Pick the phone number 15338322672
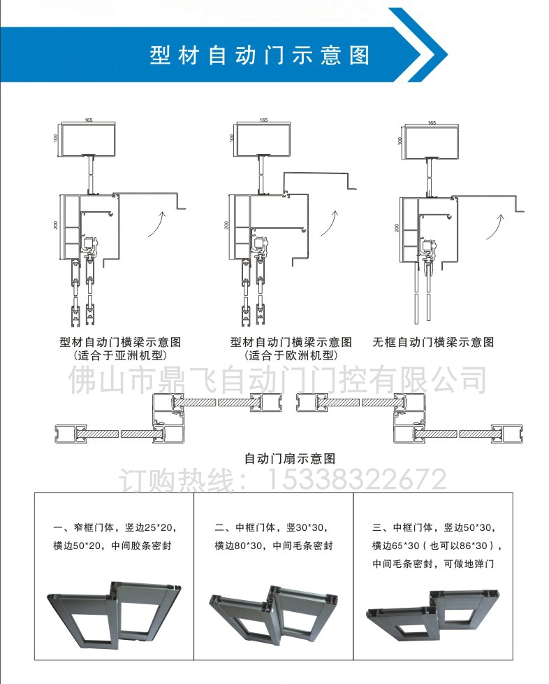[x=353, y=480]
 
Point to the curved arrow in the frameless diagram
[x=498, y=225]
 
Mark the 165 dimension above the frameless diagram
[x=431, y=122]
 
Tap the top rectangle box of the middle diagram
[x=263, y=138]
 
